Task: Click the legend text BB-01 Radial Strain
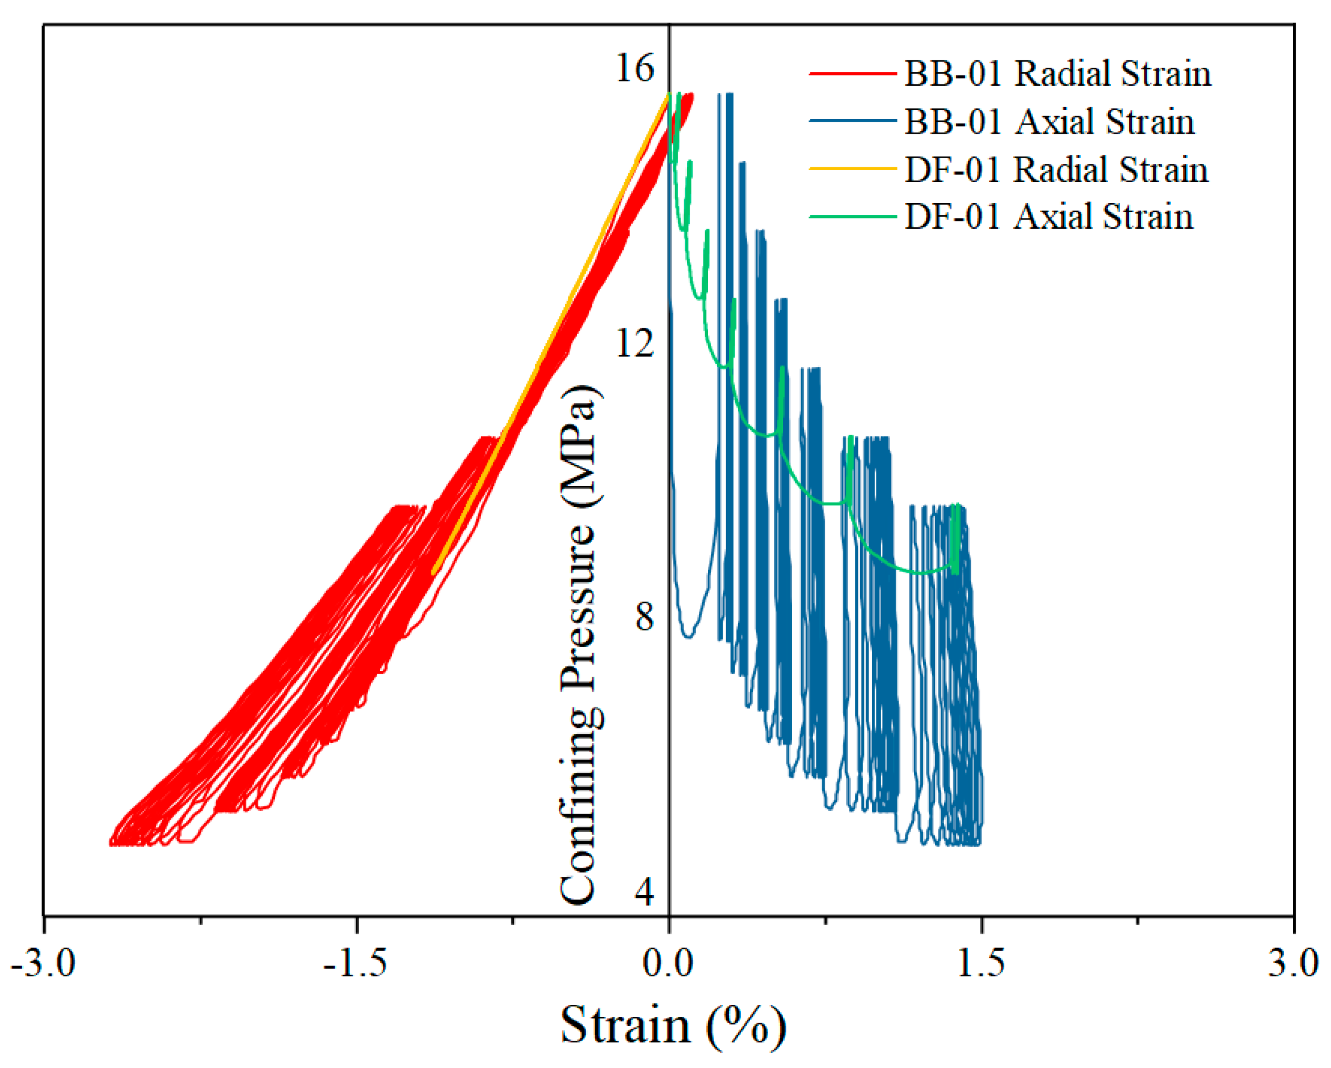[x=1057, y=73]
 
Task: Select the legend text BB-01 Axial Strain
[x=1049, y=121]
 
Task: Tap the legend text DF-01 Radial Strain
[x=1056, y=169]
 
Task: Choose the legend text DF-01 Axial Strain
[x=1048, y=217]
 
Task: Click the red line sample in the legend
[x=852, y=73]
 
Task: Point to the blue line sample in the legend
[x=852, y=121]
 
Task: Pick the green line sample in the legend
[x=852, y=217]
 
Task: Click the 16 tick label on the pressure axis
[x=634, y=68]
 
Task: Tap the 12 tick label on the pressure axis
[x=634, y=343]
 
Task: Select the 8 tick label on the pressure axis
[x=644, y=617]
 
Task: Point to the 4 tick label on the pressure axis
[x=644, y=892]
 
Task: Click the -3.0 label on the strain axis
[x=43, y=963]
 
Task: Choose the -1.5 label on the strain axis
[x=356, y=963]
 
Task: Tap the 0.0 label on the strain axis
[x=668, y=963]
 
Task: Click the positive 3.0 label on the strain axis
[x=1293, y=963]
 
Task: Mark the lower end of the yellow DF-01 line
[x=434, y=573]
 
